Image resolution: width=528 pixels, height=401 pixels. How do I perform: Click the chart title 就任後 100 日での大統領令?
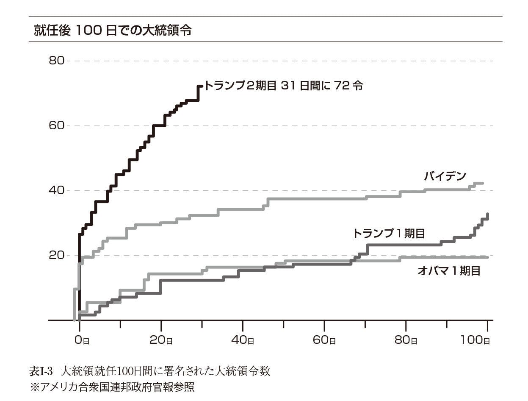pos(112,31)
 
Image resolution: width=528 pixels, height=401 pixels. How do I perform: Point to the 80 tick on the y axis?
pos(56,61)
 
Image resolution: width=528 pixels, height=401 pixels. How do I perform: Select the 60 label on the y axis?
pos(56,126)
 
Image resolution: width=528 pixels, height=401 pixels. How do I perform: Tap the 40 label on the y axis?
pos(56,191)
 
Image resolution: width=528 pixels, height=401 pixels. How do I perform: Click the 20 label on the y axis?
pos(56,256)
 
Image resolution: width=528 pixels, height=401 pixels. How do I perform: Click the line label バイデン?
pos(445,176)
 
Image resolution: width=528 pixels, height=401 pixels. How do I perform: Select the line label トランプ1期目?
pos(389,233)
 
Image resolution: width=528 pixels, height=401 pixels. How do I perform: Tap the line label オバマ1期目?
pos(449,271)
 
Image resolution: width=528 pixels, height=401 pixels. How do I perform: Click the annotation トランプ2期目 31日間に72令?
pos(283,86)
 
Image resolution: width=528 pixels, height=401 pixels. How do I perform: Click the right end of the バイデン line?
pos(482,183)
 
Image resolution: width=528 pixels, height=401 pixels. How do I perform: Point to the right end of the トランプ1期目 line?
pos(488,214)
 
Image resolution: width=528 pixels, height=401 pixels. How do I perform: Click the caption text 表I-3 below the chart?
pos(41,371)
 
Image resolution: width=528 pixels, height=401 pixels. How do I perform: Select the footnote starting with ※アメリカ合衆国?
pos(112,387)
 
